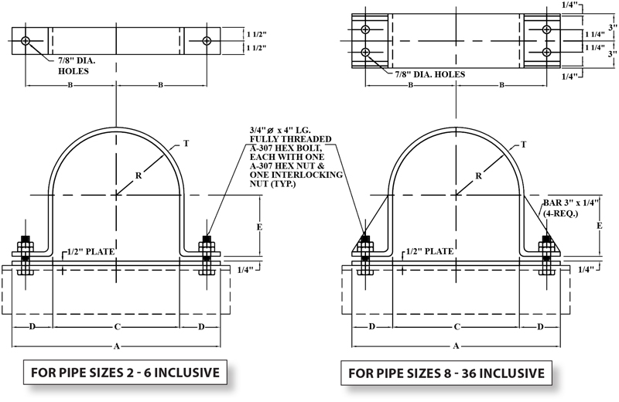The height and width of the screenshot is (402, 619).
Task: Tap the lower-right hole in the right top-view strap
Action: click(546, 52)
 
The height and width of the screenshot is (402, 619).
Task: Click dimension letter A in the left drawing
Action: click(114, 344)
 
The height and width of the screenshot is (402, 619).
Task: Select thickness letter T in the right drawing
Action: click(525, 145)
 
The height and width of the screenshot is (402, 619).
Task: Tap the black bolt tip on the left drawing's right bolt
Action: click(207, 237)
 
